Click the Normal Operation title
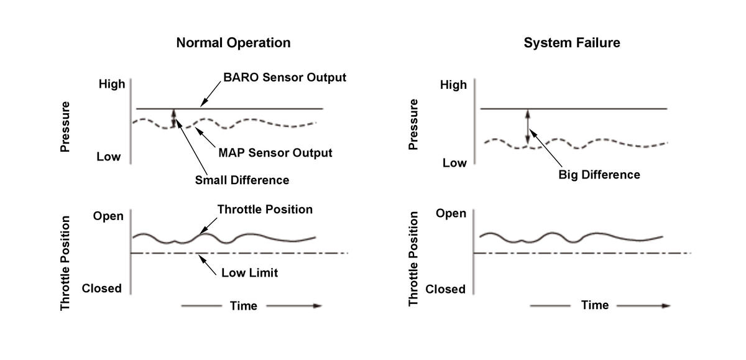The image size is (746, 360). click(233, 43)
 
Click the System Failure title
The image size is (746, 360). click(571, 43)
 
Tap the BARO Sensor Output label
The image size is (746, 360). click(285, 78)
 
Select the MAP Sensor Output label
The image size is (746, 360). click(275, 152)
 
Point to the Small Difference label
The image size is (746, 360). click(242, 180)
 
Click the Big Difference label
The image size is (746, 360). click(599, 175)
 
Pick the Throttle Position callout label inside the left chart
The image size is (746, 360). click(265, 210)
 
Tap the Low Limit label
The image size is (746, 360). click(249, 272)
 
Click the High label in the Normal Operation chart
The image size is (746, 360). click(112, 84)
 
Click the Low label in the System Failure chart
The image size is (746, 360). click(454, 163)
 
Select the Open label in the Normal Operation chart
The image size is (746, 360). click(109, 216)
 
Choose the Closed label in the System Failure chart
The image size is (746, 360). click(445, 289)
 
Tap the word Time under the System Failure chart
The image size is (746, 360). click(594, 305)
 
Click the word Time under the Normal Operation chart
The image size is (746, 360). click(243, 305)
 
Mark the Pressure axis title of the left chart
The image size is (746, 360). click(65, 127)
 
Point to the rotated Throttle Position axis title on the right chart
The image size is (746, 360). click(414, 258)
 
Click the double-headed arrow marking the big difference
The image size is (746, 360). click(528, 127)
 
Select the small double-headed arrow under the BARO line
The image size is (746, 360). click(174, 118)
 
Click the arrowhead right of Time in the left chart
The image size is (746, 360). click(317, 305)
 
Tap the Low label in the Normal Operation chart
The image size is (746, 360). click(109, 157)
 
